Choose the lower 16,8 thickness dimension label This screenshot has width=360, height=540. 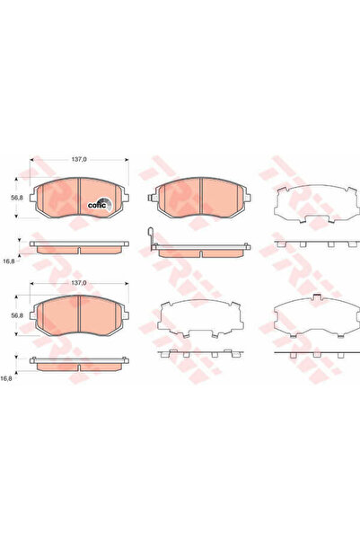point(9,379)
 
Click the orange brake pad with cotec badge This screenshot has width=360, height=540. point(77,197)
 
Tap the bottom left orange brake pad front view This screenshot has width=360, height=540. point(77,314)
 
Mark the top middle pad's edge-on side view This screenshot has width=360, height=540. point(201,251)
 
